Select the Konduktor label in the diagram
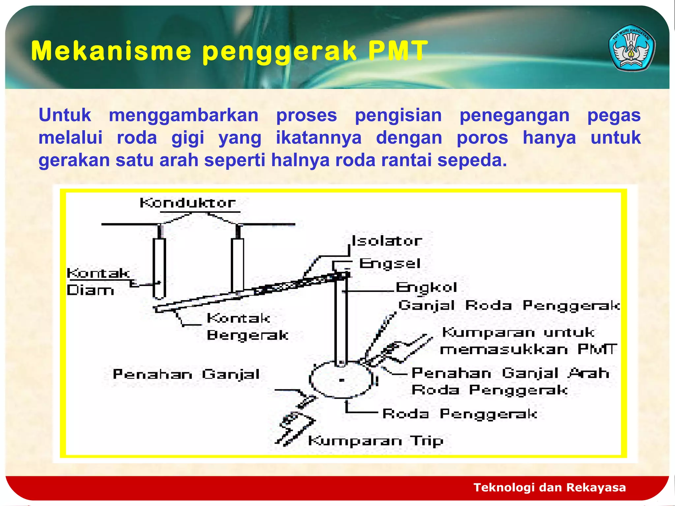pyautogui.click(x=188, y=203)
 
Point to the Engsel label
pyautogui.click(x=390, y=264)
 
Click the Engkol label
pyautogui.click(x=426, y=288)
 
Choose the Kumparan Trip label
pyautogui.click(x=376, y=441)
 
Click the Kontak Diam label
pyautogui.click(x=96, y=282)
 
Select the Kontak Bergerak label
pyautogui.click(x=247, y=327)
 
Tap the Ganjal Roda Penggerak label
pyautogui.click(x=509, y=306)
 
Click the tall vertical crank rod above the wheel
pyautogui.click(x=341, y=323)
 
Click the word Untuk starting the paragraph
pyautogui.click(x=65, y=116)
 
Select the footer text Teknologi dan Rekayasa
pyautogui.click(x=549, y=487)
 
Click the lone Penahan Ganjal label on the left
pyautogui.click(x=186, y=375)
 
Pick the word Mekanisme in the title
pyautogui.click(x=111, y=51)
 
